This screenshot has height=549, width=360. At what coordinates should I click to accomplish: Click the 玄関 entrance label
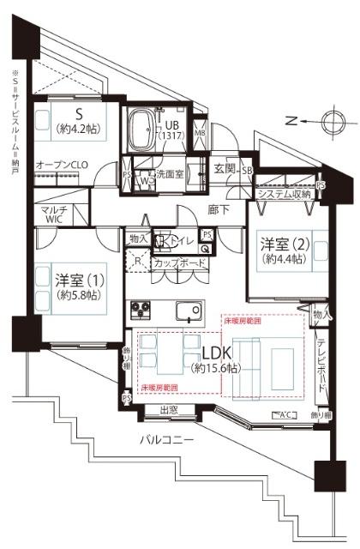click(225, 169)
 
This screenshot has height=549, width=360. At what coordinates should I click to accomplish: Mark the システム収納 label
click(284, 195)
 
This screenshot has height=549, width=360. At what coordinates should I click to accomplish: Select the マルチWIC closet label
click(54, 215)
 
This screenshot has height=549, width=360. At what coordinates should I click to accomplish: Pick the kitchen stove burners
click(140, 310)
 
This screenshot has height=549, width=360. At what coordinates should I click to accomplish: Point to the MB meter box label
click(199, 133)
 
